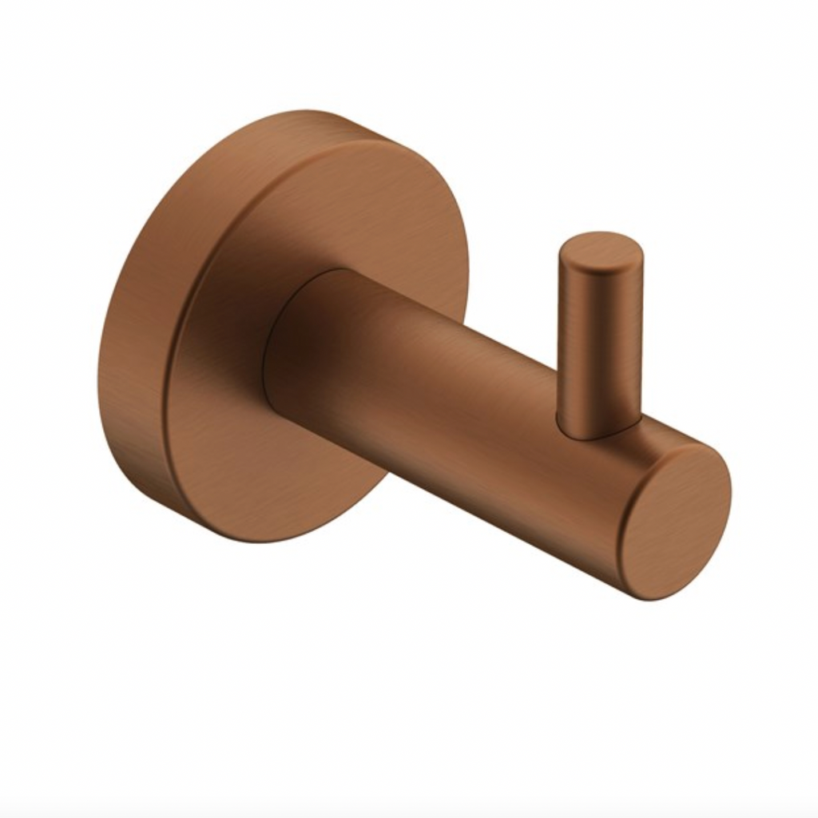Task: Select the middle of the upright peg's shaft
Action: [x=599, y=336]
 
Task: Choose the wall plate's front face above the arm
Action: [x=336, y=208]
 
